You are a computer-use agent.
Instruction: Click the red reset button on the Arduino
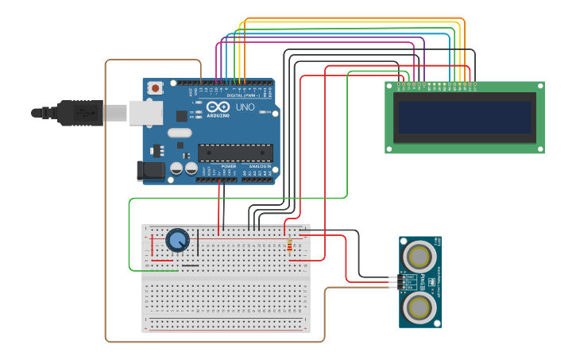pos(156,87)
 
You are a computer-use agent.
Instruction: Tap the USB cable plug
pos(79,113)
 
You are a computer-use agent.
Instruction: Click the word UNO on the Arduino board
pos(245,106)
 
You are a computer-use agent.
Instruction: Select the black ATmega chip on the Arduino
pos(235,153)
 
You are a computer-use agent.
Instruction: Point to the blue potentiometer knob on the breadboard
pos(177,239)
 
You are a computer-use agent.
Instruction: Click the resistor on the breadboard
pos(289,246)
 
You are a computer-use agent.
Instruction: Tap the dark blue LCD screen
pos(465,117)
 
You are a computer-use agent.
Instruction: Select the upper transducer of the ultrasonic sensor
pos(419,256)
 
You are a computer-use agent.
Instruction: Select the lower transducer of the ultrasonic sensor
pos(419,306)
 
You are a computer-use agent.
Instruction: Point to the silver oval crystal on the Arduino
pos(180,133)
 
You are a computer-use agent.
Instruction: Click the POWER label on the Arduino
pos(218,166)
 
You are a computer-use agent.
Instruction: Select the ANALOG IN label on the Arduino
pos(260,166)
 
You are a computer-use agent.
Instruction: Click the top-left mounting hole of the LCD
pos(390,86)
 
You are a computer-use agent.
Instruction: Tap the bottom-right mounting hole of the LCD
pos(540,149)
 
